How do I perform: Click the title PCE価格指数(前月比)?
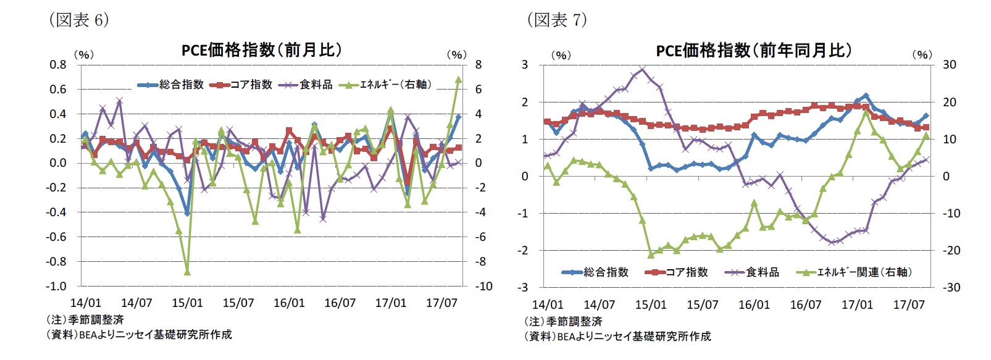click(261, 50)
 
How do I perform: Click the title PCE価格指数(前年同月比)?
click(753, 50)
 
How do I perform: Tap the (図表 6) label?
click(78, 20)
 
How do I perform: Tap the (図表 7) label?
click(556, 20)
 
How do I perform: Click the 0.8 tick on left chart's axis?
click(58, 64)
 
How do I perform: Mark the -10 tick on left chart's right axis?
click(483, 287)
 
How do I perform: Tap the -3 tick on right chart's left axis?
click(524, 287)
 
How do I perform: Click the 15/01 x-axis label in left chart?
click(187, 303)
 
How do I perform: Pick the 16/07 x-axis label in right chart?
click(805, 305)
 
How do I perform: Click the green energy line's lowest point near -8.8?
click(187, 272)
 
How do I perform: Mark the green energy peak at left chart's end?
click(458, 79)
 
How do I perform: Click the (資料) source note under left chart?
click(139, 335)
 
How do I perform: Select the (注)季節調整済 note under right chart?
click(563, 322)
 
